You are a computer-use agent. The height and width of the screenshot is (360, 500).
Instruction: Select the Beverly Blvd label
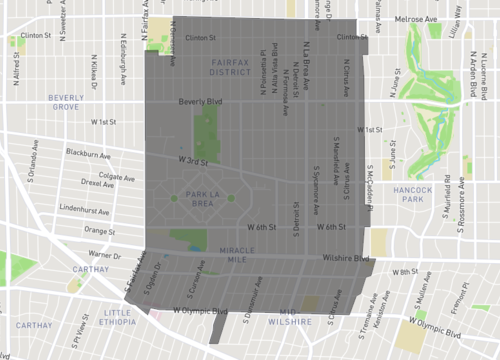point(200,102)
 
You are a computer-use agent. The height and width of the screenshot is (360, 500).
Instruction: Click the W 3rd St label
point(193,160)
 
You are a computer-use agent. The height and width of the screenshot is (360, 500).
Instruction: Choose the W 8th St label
point(404,271)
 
